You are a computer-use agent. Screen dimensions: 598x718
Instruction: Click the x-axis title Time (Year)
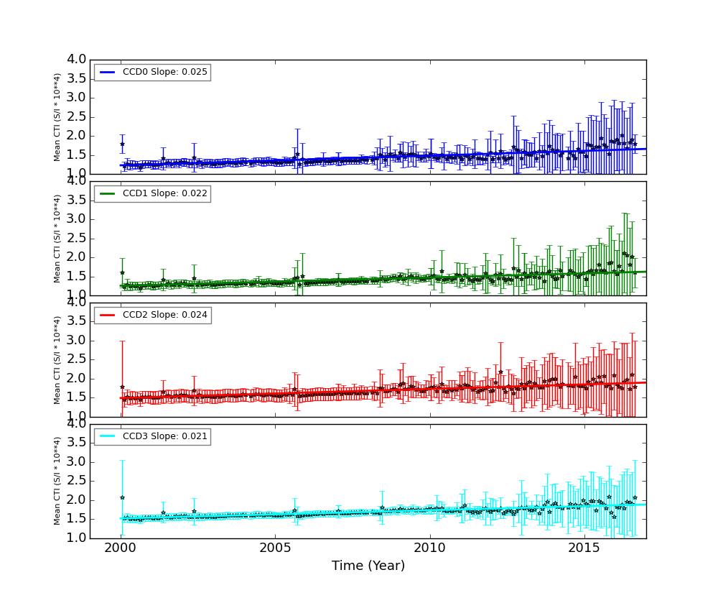(x=368, y=566)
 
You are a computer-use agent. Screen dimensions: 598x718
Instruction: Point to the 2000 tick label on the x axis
(x=121, y=548)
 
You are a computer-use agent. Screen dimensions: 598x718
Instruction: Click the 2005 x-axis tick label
(x=275, y=548)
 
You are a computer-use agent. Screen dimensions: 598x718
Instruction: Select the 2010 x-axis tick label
(x=430, y=548)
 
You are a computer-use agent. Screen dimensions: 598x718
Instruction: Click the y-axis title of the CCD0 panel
(x=57, y=116)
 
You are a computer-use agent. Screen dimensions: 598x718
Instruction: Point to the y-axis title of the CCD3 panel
(x=57, y=481)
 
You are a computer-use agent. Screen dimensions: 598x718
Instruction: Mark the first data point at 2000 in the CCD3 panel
(x=122, y=497)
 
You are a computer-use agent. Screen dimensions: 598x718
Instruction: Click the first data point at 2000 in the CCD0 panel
(x=122, y=144)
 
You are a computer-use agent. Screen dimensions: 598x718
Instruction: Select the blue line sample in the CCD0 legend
(x=107, y=72)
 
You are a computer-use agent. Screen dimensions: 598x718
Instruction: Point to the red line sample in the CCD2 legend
(x=107, y=315)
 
